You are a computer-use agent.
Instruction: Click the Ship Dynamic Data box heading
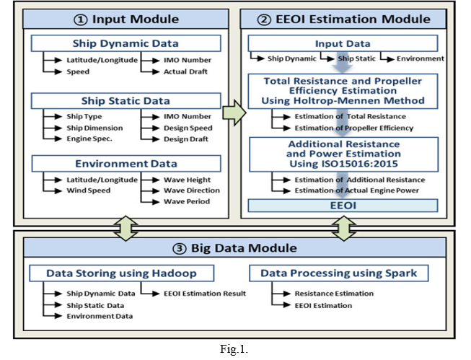point(126,43)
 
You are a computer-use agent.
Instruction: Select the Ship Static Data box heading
point(126,101)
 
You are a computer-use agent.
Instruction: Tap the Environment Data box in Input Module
point(126,164)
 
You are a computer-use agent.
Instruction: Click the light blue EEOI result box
point(343,206)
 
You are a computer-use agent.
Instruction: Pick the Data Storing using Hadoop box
point(122,273)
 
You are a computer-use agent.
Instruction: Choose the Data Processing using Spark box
point(339,273)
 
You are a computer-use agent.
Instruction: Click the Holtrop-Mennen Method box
point(343,91)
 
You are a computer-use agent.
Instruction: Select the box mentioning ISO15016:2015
point(343,154)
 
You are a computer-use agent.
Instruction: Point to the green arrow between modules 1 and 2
point(234,113)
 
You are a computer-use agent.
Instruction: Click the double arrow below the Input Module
point(126,229)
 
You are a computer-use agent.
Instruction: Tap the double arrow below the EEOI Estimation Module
point(344,229)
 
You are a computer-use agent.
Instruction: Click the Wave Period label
point(187,201)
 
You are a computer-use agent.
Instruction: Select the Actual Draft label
point(185,71)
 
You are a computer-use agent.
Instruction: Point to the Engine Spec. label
point(89,139)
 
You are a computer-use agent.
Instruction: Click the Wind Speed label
point(89,190)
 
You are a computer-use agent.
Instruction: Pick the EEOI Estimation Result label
point(205,294)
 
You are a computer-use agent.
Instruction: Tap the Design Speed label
point(188,128)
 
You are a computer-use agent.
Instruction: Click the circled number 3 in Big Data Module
point(180,249)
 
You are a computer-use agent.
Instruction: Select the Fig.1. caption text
point(234,349)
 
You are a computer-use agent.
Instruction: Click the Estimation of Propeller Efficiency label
point(354,128)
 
